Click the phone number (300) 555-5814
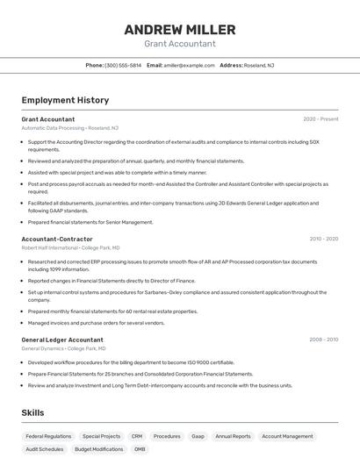pyautogui.click(x=123, y=66)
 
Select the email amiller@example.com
pyautogui.click(x=189, y=66)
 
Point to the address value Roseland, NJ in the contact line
pyautogui.click(x=259, y=66)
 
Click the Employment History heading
pyautogui.click(x=65, y=100)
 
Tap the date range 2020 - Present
pyautogui.click(x=320, y=119)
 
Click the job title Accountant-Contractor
pyautogui.click(x=57, y=239)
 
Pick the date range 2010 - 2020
pyautogui.click(x=323, y=239)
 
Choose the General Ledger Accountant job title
pyautogui.click(x=62, y=340)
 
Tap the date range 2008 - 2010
pyautogui.click(x=323, y=340)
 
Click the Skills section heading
pyautogui.click(x=33, y=412)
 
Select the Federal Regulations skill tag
pyautogui.click(x=48, y=436)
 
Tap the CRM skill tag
pyautogui.click(x=137, y=436)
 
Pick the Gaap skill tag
pyautogui.click(x=198, y=436)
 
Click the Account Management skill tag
pyautogui.click(x=287, y=436)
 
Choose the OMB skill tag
pyautogui.click(x=140, y=449)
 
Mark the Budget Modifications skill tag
pyautogui.click(x=98, y=449)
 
